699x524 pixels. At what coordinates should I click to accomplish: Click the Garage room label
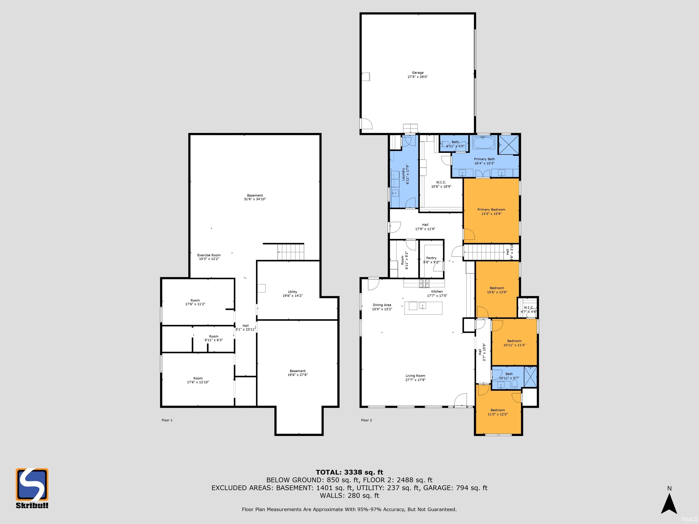[418, 75]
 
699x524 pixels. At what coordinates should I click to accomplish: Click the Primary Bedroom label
[491, 212]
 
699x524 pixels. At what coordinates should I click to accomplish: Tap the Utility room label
[292, 294]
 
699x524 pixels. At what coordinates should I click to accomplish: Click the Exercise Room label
[209, 257]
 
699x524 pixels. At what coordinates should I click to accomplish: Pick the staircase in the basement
[291, 252]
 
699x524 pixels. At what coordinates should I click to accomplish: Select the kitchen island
[423, 308]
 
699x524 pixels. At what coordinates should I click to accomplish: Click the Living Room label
[415, 378]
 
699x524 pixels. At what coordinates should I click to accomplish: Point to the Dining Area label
[382, 307]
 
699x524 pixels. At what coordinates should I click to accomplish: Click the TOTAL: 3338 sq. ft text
[349, 472]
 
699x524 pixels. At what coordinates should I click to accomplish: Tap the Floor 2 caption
[366, 420]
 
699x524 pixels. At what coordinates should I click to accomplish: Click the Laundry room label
[405, 174]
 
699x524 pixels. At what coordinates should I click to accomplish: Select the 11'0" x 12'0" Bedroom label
[498, 412]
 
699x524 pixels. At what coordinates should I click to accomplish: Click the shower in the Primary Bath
[509, 145]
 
